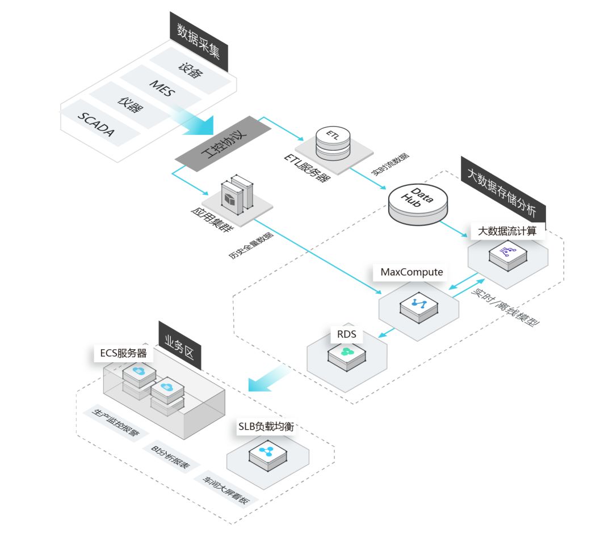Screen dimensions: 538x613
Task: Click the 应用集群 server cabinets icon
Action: point(236,193)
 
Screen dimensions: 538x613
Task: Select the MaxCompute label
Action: point(411,272)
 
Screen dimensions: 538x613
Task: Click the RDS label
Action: point(346,334)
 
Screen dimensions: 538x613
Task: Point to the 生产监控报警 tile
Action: point(116,423)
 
